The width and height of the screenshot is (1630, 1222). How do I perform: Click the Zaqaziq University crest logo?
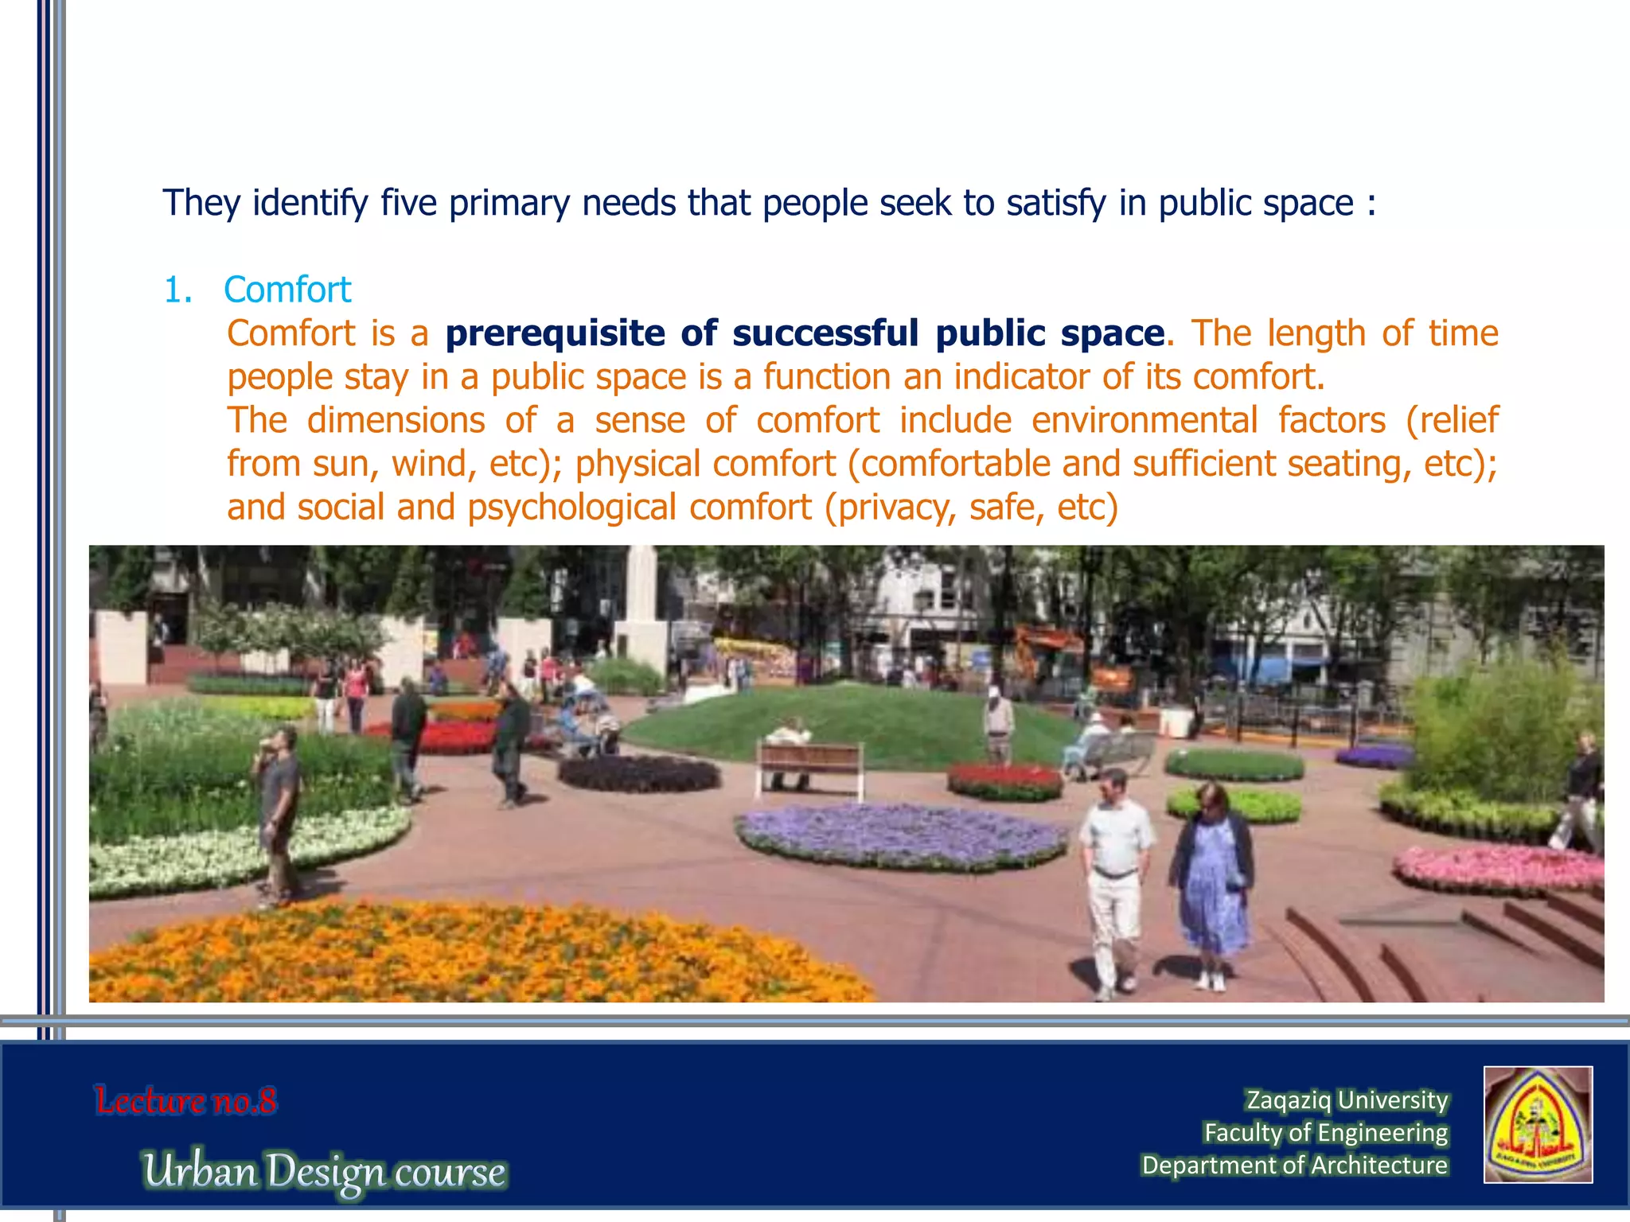pos(1538,1124)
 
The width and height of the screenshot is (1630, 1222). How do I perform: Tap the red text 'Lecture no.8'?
pos(185,1101)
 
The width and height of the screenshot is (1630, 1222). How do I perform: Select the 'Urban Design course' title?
pos(325,1172)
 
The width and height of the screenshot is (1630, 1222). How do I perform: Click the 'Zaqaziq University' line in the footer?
pos(1347,1099)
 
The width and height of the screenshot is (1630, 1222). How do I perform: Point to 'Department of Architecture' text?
pos(1294,1165)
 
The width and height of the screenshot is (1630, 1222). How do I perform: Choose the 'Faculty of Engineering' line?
pos(1325,1132)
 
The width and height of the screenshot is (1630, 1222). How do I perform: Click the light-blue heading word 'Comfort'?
pos(287,290)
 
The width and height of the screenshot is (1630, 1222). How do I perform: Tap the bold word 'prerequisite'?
pos(555,333)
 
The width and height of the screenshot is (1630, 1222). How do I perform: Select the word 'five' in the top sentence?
pos(408,203)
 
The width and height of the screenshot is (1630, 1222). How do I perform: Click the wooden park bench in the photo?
pos(809,767)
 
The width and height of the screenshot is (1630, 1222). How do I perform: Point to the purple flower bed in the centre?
pos(902,835)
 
